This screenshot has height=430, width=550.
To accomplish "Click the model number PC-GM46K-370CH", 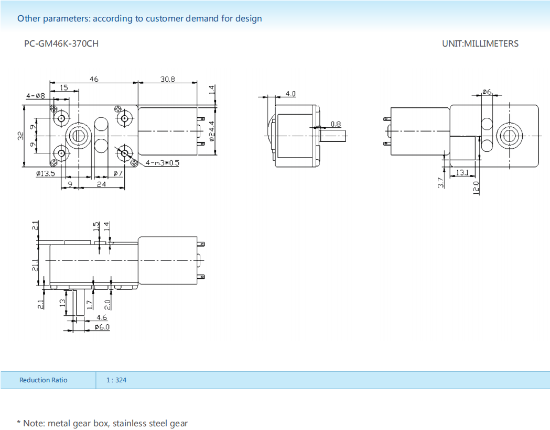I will [61, 43].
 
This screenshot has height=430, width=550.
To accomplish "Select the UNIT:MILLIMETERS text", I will [480, 43].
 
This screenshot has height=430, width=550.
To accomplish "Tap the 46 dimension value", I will [94, 79].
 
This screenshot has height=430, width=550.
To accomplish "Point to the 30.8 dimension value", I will [168, 79].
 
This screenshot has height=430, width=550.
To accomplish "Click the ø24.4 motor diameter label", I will [212, 131].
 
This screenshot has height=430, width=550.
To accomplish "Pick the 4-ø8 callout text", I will [36, 96].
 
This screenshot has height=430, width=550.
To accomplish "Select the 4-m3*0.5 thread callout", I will [163, 163].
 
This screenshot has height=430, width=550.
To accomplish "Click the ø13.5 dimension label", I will [45, 173].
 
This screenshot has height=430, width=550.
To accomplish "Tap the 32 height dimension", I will [20, 136].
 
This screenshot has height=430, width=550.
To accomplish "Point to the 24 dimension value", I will [101, 184].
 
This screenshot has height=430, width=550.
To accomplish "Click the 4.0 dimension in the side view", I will [290, 94].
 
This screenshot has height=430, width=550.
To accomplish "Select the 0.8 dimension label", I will [336, 124].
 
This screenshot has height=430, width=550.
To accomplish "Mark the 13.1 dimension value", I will [462, 172].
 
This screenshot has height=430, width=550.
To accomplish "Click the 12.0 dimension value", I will [476, 186].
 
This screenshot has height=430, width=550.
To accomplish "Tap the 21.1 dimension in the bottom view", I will [35, 266].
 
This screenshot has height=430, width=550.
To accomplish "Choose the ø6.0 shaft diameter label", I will [102, 327].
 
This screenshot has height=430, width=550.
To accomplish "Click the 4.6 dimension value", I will [101, 317].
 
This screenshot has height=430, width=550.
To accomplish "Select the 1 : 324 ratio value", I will [116, 380].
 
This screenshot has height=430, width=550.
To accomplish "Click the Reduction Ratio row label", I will [43, 380].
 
